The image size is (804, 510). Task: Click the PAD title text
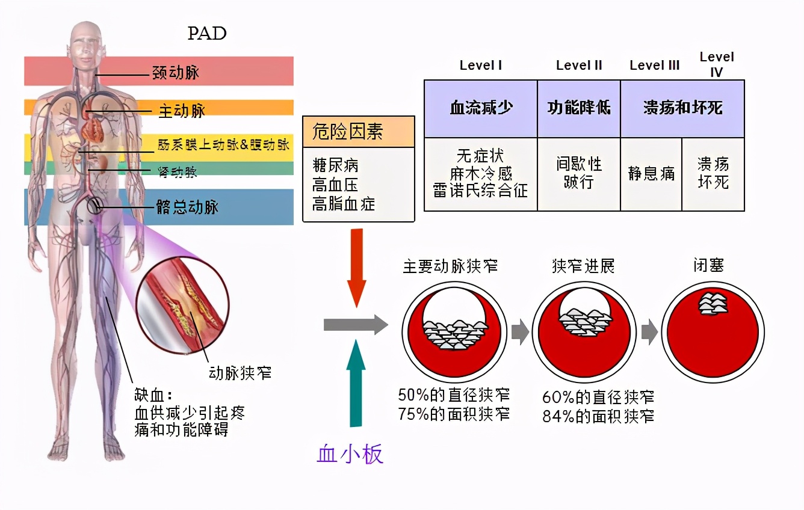point(207,33)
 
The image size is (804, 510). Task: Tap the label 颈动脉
point(175,73)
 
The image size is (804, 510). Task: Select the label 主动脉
point(181,111)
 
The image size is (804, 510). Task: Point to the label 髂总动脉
point(187,207)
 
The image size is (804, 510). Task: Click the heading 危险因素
point(348,131)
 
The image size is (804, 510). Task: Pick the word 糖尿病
point(336,166)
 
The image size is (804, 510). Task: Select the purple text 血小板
point(350,454)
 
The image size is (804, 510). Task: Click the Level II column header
point(579,66)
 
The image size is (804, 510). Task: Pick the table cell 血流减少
point(480,108)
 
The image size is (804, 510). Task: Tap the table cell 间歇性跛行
point(579,173)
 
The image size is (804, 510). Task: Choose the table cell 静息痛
point(651,174)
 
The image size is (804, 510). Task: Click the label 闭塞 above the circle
point(708,265)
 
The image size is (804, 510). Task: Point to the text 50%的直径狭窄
point(454,395)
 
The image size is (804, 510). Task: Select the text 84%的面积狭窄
point(598,416)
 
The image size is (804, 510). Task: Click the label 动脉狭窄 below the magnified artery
point(240,373)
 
